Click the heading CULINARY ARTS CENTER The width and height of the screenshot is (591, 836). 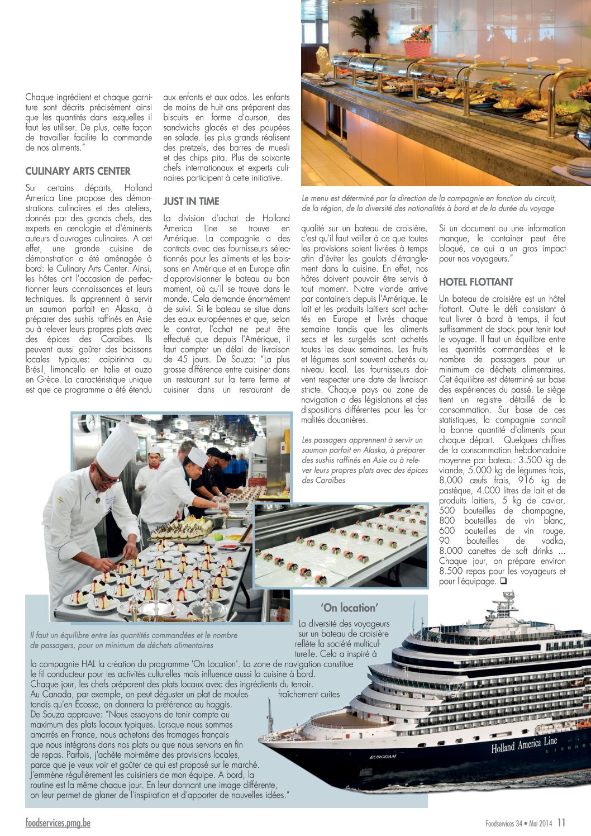(x=78, y=172)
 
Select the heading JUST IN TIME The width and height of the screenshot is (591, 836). (x=191, y=202)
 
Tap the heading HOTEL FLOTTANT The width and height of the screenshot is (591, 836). (x=475, y=282)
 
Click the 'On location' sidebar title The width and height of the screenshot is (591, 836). (x=350, y=607)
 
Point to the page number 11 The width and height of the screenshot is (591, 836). (x=561, y=823)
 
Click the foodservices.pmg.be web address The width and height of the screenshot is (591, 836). (x=58, y=823)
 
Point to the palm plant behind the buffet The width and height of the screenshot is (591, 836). (x=364, y=28)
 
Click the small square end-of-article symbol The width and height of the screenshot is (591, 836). (x=503, y=581)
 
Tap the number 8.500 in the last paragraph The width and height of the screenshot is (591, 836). (x=452, y=571)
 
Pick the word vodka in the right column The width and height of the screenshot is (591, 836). (x=554, y=541)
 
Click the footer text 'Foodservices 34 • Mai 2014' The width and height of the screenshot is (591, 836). (x=518, y=823)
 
